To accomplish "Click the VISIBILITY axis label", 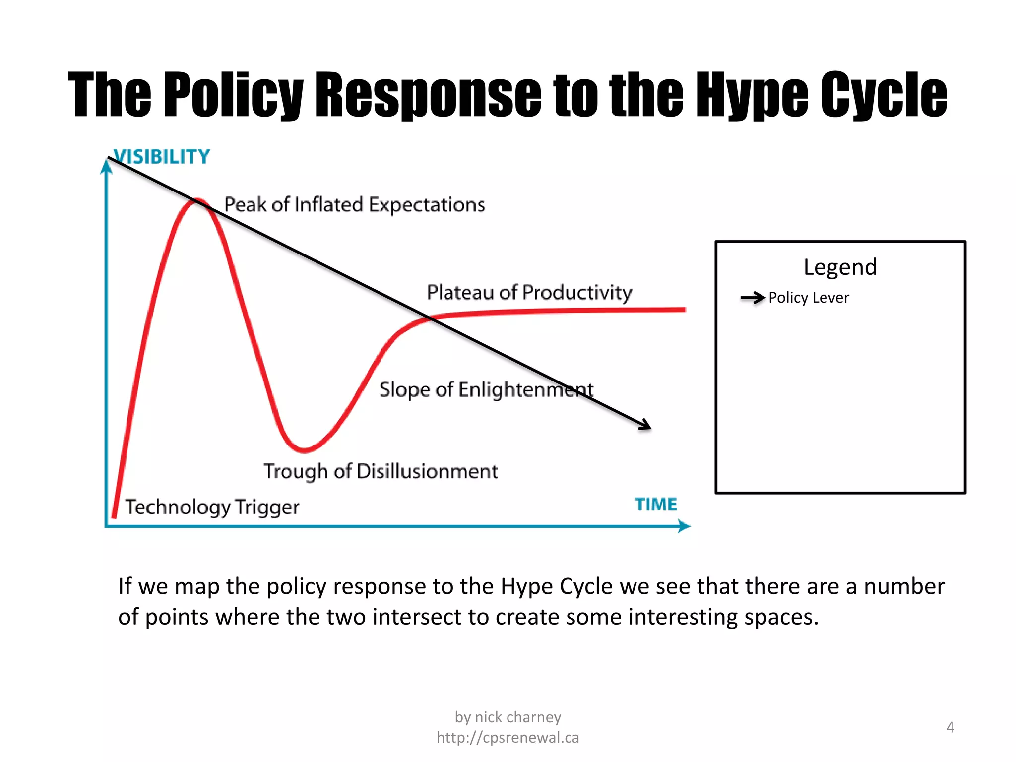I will (x=162, y=157).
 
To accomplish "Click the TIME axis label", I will (x=656, y=504).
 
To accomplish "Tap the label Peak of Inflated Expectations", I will (x=354, y=205).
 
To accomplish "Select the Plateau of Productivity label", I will (x=529, y=292).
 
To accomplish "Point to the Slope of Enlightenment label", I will (x=486, y=390).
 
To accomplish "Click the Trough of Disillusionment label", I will (x=381, y=471).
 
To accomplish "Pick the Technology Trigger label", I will (x=212, y=507).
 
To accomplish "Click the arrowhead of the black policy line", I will (x=646, y=425).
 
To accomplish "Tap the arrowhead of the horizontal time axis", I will (x=685, y=526).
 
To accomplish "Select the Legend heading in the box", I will (x=840, y=267).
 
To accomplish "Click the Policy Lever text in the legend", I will (x=809, y=298).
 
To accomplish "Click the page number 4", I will (x=950, y=727).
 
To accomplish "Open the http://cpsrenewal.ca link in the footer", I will (x=508, y=738).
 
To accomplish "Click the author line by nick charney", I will (x=508, y=717).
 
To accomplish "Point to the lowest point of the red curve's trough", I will (x=304, y=450).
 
